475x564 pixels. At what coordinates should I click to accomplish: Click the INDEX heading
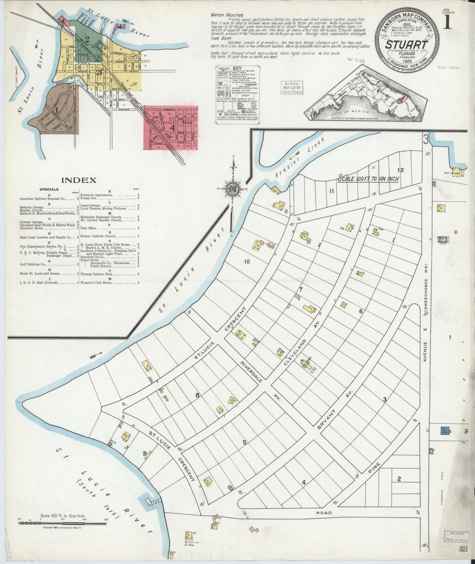tap(79, 180)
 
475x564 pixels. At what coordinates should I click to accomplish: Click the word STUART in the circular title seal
tap(407, 45)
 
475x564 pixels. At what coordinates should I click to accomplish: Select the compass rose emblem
tap(232, 189)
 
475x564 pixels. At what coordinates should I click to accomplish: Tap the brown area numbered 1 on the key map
tap(57, 110)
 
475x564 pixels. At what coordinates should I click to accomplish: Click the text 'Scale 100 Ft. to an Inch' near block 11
tap(368, 179)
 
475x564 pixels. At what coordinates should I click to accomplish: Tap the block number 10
tap(247, 262)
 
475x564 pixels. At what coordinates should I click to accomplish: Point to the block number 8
tap(197, 395)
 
